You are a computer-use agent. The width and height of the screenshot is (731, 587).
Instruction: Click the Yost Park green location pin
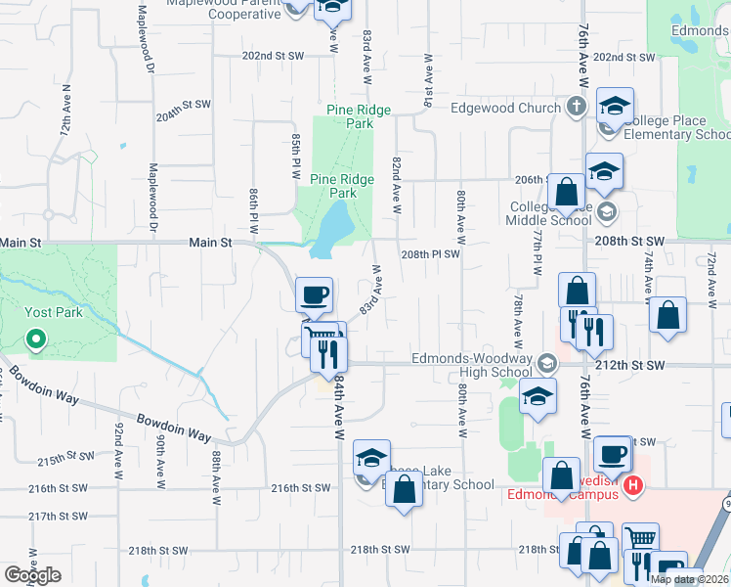click(36, 340)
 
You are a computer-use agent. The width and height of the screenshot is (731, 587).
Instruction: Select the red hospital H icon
click(633, 484)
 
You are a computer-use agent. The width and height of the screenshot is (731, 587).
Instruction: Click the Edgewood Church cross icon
click(577, 107)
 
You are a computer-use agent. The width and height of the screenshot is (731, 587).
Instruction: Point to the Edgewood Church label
click(505, 108)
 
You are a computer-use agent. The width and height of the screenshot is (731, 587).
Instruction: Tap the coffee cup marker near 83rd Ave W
click(315, 294)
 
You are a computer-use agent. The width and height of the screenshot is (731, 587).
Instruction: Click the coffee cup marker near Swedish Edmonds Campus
click(612, 454)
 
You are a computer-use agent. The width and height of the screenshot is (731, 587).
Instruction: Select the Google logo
click(32, 576)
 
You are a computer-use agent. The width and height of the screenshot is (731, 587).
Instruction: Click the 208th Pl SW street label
click(429, 253)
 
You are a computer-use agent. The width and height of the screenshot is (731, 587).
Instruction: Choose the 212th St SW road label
click(634, 365)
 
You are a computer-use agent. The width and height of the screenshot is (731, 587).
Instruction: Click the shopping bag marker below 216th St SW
click(404, 488)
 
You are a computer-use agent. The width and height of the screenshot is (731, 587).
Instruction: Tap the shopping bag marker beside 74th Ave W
click(668, 316)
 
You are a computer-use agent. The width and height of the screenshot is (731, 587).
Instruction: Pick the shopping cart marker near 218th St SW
click(640, 540)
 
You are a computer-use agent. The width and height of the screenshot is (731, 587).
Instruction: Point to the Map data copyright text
click(687, 579)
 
